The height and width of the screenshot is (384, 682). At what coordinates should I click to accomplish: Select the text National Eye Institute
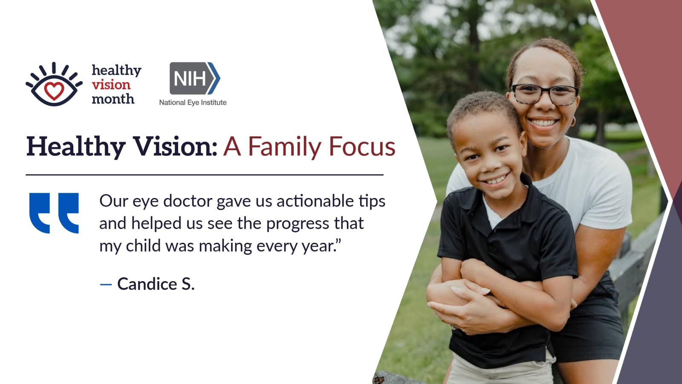coord(193,102)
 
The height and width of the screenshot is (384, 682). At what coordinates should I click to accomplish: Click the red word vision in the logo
coord(111,85)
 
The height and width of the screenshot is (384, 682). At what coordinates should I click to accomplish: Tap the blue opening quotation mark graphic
coord(54,213)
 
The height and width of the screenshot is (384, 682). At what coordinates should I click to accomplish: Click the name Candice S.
coord(156,284)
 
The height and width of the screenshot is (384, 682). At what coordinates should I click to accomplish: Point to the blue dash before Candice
coord(106,284)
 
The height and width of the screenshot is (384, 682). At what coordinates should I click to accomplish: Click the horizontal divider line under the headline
coord(205,175)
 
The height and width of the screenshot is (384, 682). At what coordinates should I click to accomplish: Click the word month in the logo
coord(113,99)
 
